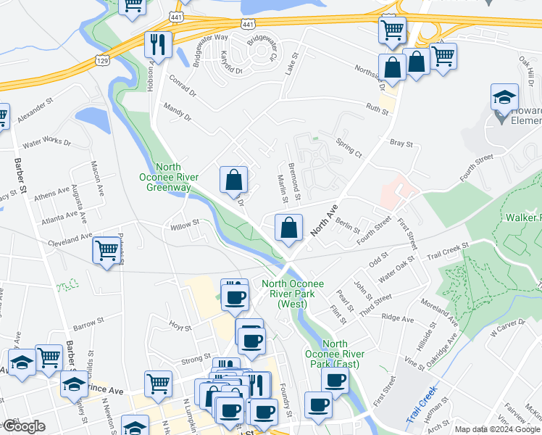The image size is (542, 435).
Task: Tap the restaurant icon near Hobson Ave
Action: click(x=157, y=45)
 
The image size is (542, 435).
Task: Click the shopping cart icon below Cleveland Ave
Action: click(x=107, y=251)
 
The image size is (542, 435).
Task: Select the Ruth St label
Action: click(x=377, y=109)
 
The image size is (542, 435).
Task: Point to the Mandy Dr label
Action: click(x=177, y=112)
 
